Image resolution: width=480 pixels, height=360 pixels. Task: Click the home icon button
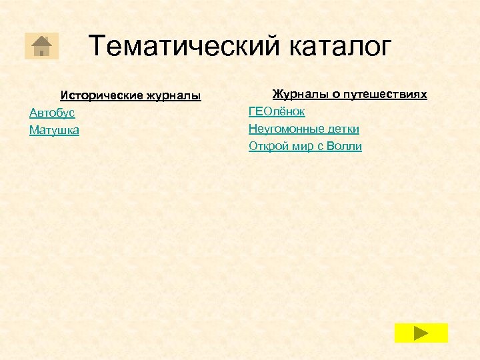coord(41,46)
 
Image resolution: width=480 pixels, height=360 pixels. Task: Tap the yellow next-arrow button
coord(421,333)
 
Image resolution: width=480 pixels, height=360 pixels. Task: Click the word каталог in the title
coord(341,46)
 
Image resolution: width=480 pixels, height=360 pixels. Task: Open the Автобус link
coord(52,113)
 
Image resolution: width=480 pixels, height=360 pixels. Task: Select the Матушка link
coord(54,131)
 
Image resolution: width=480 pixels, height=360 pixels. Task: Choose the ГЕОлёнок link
coord(277,111)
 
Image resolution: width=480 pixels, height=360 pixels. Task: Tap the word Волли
coord(344,146)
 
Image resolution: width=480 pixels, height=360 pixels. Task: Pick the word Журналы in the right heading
coord(296,94)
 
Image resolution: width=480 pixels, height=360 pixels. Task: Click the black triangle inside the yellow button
coord(421,333)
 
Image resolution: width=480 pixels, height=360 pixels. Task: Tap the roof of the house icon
coord(41,41)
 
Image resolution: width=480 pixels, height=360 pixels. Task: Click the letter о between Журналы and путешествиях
coord(328,94)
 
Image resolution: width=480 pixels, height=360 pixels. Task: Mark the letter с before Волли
coord(319,146)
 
